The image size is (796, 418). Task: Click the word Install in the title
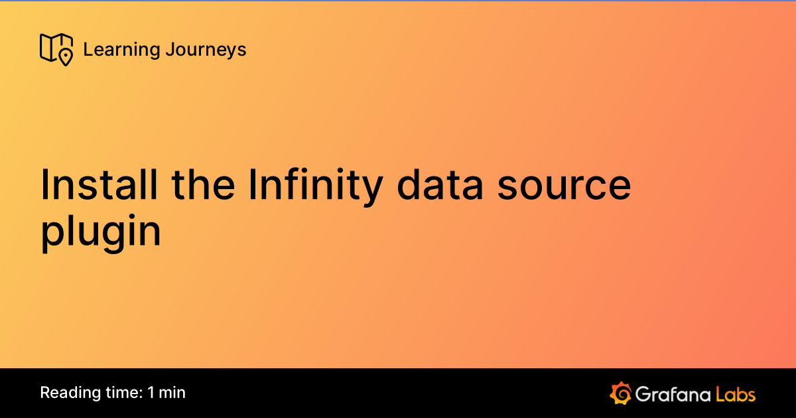coord(99,185)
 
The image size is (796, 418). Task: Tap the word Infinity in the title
coord(315,185)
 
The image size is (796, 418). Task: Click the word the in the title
coord(202,185)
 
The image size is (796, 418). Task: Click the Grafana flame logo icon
coord(620,393)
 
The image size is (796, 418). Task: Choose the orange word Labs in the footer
coord(736,393)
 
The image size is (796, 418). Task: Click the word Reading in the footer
coord(68,393)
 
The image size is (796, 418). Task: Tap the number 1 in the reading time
coord(151,393)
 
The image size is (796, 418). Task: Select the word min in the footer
coord(172,393)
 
